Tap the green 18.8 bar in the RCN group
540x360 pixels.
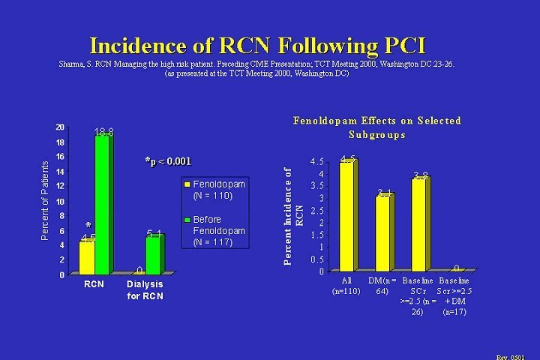coord(103,202)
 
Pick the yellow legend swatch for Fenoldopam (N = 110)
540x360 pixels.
coord(188,184)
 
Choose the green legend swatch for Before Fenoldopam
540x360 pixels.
coord(188,220)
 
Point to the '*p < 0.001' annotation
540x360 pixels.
coord(168,160)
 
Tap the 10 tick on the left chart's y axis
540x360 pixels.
coord(59,202)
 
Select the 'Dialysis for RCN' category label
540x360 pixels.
coord(144,290)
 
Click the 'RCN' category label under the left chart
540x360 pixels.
coord(94,285)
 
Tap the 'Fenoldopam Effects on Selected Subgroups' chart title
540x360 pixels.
coord(376,127)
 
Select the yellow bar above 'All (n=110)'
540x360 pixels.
coord(346,216)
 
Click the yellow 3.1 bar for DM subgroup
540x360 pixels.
coord(382,232)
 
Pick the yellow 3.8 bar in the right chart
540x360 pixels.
coord(418,224)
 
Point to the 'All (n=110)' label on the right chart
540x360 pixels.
coord(346,285)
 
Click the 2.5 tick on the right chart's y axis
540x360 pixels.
coord(318,211)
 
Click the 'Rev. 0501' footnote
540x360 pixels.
coord(518,356)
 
